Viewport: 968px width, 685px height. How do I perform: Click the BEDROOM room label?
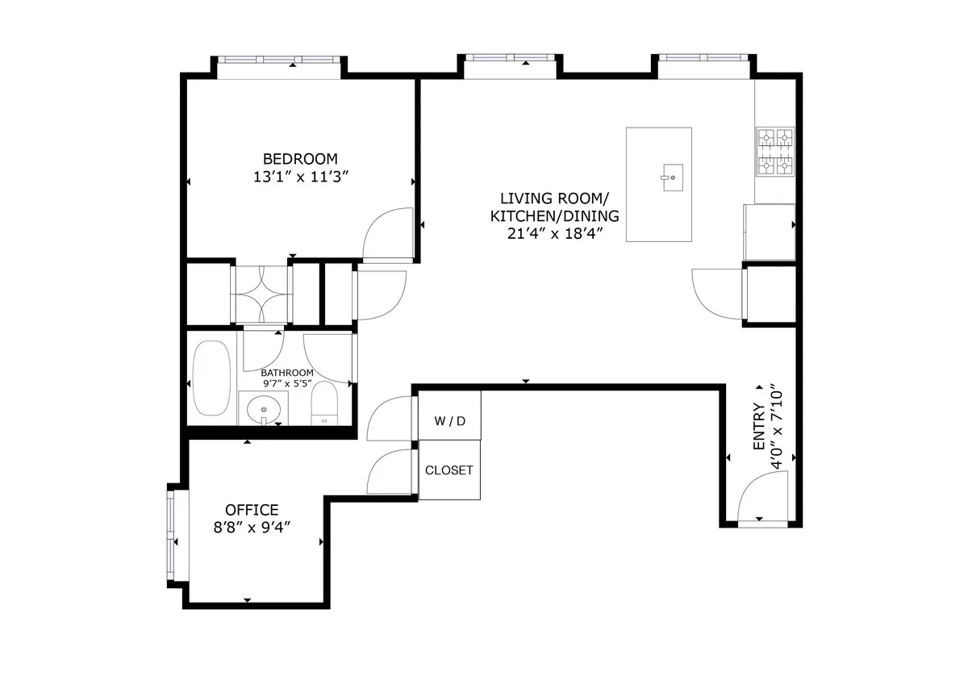pos(300,158)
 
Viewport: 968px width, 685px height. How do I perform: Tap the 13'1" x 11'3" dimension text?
pos(300,178)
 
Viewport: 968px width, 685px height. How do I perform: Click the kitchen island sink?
pos(670,178)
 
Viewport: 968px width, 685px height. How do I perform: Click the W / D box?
pos(449,421)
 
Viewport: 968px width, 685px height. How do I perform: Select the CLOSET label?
pos(449,470)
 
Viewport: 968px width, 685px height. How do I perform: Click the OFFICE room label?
pos(252,510)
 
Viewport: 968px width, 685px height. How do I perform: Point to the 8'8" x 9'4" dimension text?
pos(252,528)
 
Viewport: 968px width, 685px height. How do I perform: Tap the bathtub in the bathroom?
pos(211,378)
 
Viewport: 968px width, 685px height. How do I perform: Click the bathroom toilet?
pos(325,403)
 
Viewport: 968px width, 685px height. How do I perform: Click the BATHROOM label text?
pos(286,373)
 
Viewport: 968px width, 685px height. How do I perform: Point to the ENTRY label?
pos(758,427)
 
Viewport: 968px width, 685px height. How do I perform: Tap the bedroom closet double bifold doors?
pos(261,294)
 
